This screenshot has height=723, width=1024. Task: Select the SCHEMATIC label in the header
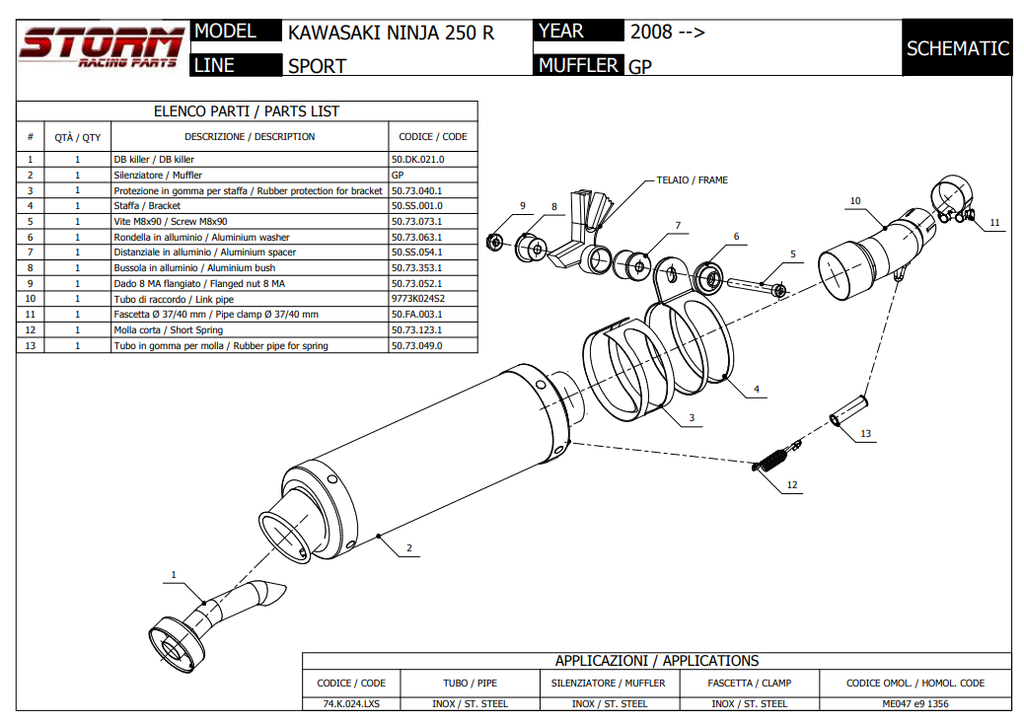[957, 48]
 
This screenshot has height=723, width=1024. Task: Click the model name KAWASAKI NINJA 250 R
[391, 33]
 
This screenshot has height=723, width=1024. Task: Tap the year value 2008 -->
[667, 32]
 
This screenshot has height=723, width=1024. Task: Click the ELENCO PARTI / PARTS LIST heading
[247, 111]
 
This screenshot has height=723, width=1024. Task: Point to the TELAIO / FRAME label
[692, 181]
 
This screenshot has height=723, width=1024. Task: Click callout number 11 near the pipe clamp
[994, 223]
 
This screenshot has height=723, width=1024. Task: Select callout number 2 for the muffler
[408, 548]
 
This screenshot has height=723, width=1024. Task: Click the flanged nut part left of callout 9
[496, 240]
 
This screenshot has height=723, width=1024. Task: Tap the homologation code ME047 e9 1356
[915, 703]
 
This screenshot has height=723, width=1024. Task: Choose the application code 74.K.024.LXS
[350, 703]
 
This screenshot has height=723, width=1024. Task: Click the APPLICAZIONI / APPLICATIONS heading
[656, 661]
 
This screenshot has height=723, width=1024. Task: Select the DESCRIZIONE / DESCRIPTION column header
[250, 136]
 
